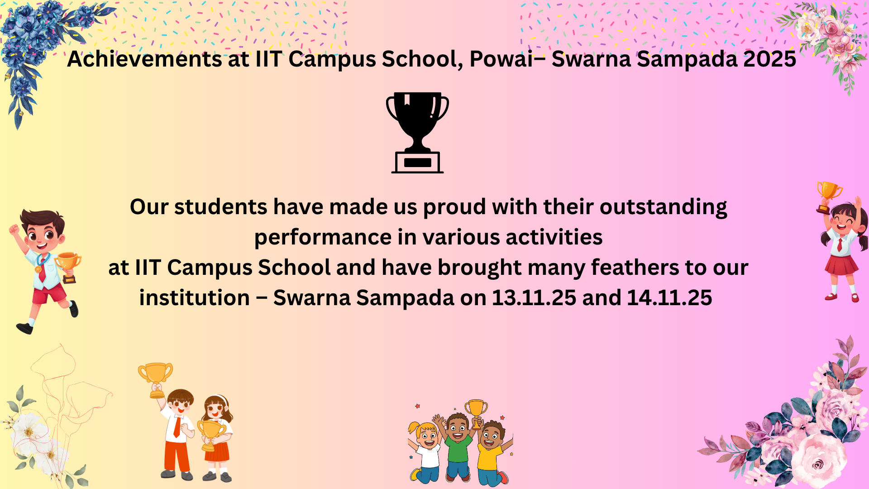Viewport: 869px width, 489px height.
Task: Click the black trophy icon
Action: (417, 132)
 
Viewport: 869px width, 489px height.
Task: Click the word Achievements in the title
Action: (144, 59)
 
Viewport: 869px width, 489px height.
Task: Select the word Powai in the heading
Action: (501, 59)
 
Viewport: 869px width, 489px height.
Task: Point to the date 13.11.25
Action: (534, 298)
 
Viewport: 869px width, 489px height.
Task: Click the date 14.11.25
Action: (669, 298)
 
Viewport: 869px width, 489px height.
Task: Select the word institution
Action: (195, 298)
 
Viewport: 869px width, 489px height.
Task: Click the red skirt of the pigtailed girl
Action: (841, 265)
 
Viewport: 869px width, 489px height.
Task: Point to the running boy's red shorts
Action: (49, 293)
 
